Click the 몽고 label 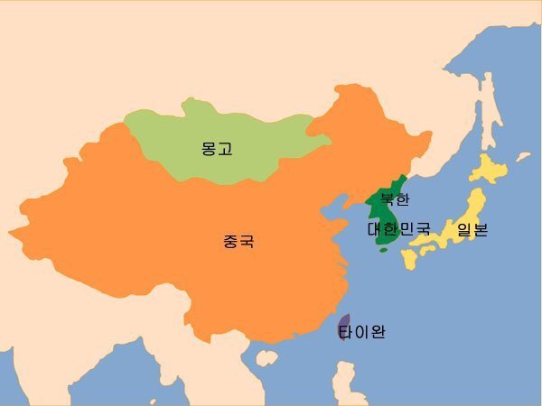pyautogui.click(x=217, y=149)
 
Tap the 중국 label pyautogui.click(x=238, y=242)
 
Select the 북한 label pyautogui.click(x=395, y=199)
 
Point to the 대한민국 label pyautogui.click(x=399, y=229)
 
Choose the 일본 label pyautogui.click(x=472, y=229)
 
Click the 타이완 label pyautogui.click(x=362, y=332)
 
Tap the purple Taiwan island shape pyautogui.click(x=343, y=324)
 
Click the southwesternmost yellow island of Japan pyautogui.click(x=409, y=259)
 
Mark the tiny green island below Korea pyautogui.click(x=383, y=250)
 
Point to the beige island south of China pyautogui.click(x=266, y=358)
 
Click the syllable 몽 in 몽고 pyautogui.click(x=209, y=149)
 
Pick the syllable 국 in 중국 pyautogui.click(x=247, y=242)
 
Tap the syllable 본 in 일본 pyautogui.click(x=481, y=229)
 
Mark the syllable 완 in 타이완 pyautogui.click(x=377, y=332)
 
